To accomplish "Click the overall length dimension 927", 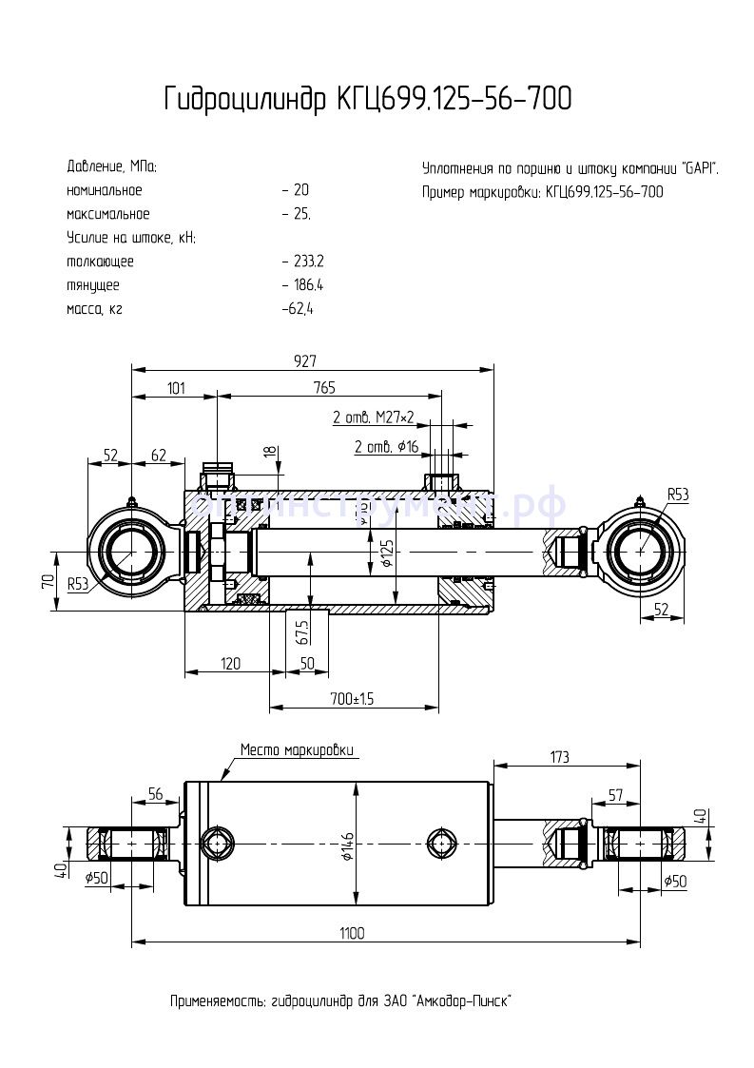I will click(x=304, y=360).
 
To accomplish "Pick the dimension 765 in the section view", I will click(x=323, y=388).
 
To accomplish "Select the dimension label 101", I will click(x=176, y=388).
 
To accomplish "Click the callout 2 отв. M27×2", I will click(x=373, y=417).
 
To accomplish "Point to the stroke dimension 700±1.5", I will click(x=351, y=699).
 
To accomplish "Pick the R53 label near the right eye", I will click(x=677, y=495).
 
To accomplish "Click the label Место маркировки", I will click(x=298, y=749).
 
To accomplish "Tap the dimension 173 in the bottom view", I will click(x=558, y=757).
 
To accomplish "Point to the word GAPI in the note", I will click(x=700, y=168).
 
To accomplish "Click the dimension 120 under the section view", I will click(x=229, y=663).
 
